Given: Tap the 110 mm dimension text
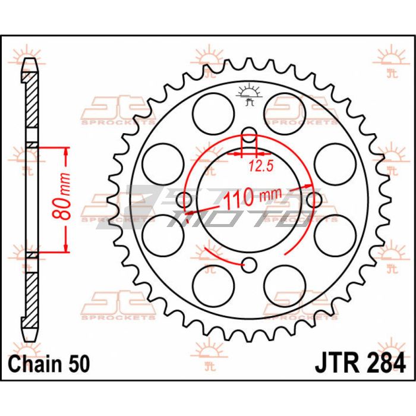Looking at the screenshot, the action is click(x=253, y=196).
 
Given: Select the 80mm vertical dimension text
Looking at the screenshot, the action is click(x=62, y=196).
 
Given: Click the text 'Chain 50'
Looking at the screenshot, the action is click(x=49, y=364).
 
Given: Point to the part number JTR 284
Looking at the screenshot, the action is click(x=360, y=364).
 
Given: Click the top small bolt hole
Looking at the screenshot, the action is click(x=249, y=135).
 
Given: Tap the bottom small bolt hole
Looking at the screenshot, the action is click(x=249, y=265).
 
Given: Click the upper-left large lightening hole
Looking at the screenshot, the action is click(x=213, y=114).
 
